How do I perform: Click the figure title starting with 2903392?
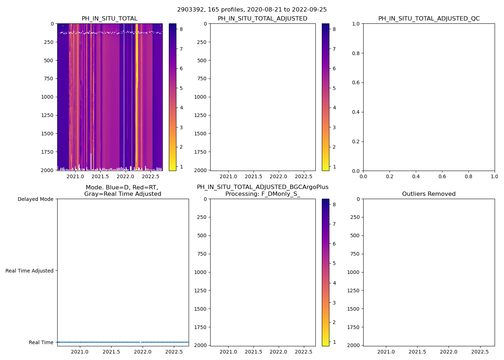(252, 10)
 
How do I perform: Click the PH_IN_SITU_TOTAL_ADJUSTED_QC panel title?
(429, 19)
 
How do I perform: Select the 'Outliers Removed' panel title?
(429, 194)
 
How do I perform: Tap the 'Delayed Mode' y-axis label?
(35, 199)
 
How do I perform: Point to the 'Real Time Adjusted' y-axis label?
(30, 271)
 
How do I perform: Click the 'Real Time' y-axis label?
(41, 342)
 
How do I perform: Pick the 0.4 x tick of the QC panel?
(416, 176)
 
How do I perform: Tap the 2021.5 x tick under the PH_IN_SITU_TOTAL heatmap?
(100, 176)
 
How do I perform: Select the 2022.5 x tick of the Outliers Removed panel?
(480, 352)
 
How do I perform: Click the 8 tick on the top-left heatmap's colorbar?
(181, 29)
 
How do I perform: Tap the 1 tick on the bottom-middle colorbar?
(334, 342)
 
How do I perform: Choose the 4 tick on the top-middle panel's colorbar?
(334, 108)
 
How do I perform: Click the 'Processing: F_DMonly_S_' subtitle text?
(263, 194)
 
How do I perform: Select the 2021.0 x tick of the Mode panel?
(80, 352)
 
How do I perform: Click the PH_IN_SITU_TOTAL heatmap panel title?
(109, 19)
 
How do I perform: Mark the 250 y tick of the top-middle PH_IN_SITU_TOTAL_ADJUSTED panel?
(202, 42)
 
